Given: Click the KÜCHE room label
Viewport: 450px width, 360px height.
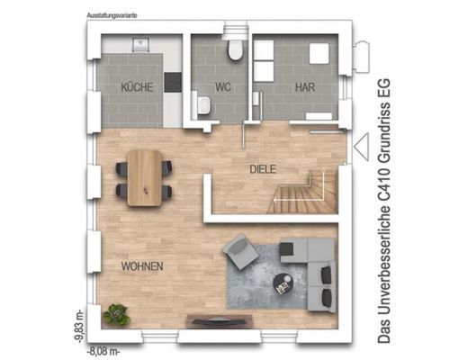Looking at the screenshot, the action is pos(137,87).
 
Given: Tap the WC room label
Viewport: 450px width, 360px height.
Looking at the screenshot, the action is pos(223,87).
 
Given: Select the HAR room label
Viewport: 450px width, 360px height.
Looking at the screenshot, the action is pos(305,87).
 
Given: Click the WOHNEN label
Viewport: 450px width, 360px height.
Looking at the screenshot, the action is pos(142,266).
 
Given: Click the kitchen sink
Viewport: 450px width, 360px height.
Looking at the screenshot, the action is pos(140,44).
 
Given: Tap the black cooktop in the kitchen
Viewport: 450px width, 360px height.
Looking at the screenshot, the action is pos(173,82).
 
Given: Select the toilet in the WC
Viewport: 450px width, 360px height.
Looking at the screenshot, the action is pos(235,49).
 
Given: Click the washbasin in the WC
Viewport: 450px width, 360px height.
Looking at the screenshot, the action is pos(203,105).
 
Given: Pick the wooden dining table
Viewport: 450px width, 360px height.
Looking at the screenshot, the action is pos(145,178).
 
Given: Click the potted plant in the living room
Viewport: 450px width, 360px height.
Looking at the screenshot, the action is pos(116,314).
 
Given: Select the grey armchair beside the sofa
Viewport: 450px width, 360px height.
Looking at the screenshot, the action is pos(240,251).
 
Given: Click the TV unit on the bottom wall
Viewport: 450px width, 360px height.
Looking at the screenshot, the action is pos(220,320).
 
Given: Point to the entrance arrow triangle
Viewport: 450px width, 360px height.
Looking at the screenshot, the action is pos(361,147).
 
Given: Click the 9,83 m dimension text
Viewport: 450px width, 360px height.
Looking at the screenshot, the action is pos(79,326).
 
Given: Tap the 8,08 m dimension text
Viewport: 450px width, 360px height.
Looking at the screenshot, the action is pos(103,351).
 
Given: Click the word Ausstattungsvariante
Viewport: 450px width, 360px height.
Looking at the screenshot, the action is pos(112,15).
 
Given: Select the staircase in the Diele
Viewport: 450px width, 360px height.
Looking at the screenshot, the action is pos(303,192).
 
